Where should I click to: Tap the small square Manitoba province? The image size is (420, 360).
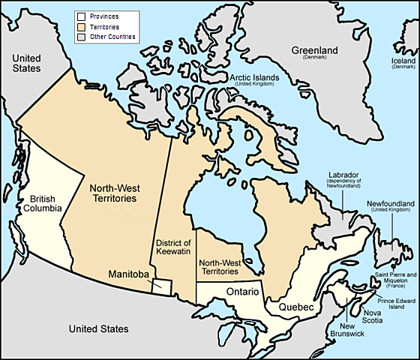[162, 286]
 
